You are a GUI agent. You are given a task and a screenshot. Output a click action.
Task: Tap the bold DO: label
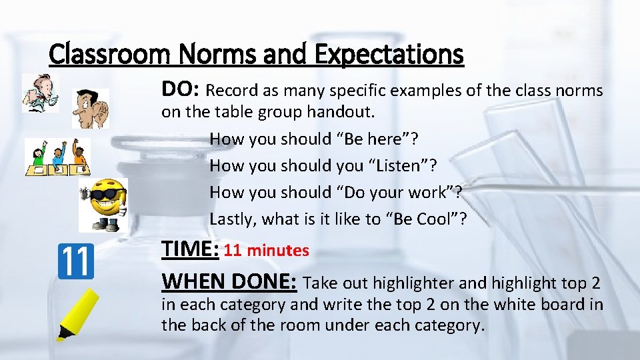pos(182,89)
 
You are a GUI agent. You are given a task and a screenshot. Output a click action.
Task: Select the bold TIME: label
pos(191,249)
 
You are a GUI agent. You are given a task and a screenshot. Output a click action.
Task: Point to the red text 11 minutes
pos(267,251)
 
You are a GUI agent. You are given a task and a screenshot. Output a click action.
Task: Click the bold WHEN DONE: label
pos(229,281)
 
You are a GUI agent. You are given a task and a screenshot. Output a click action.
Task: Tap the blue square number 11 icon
pos(76,261)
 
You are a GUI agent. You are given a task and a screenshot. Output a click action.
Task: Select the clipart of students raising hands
pos(57,157)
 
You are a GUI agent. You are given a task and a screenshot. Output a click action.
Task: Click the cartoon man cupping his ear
pos(89,109)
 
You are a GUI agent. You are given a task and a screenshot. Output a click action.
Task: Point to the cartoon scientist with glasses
pos(39,93)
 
